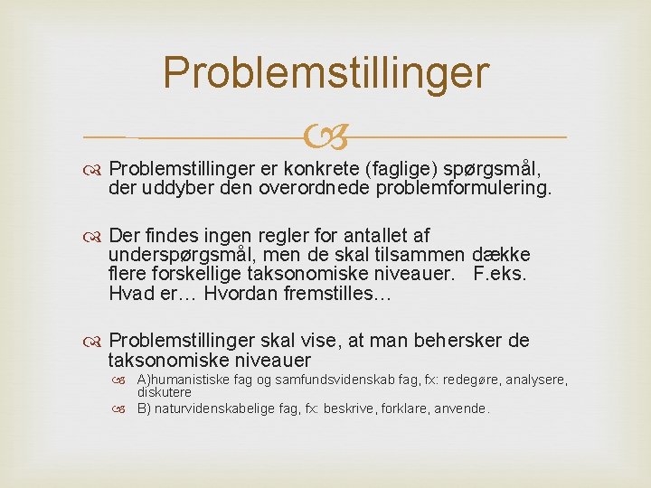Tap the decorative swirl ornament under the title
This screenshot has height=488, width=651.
click(325, 137)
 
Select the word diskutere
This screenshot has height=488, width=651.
click(164, 392)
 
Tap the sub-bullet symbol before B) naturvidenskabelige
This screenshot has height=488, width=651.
click(126, 408)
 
